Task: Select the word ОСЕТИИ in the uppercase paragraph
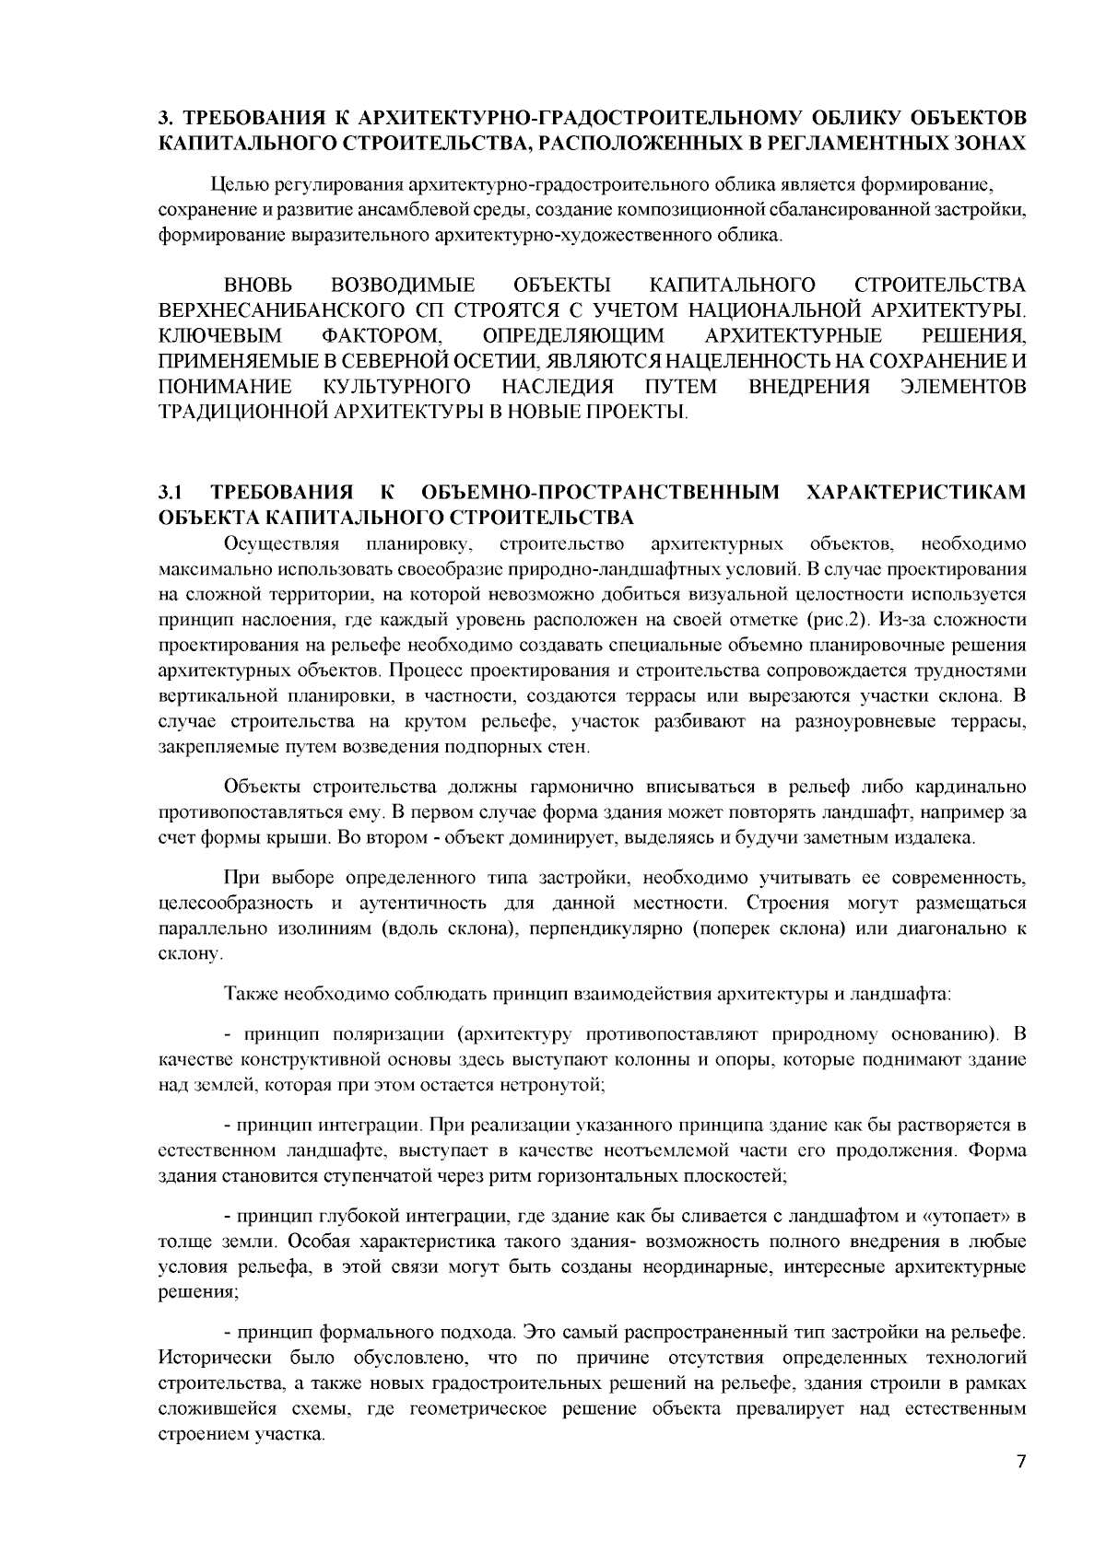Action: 493,359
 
